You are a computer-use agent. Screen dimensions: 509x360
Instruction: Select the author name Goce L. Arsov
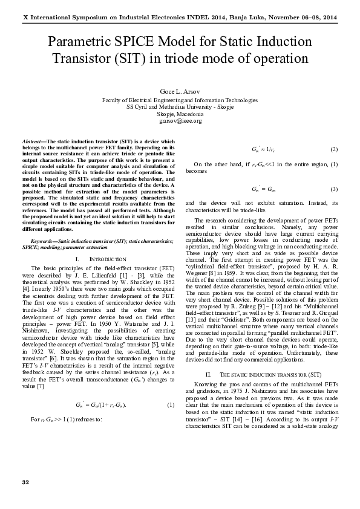pos(180,91)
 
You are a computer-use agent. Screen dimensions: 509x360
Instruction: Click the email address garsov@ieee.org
pos(180,120)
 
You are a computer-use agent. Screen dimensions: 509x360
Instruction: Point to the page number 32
pos(25,481)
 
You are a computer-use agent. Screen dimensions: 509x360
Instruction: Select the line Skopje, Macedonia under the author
pos(180,114)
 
